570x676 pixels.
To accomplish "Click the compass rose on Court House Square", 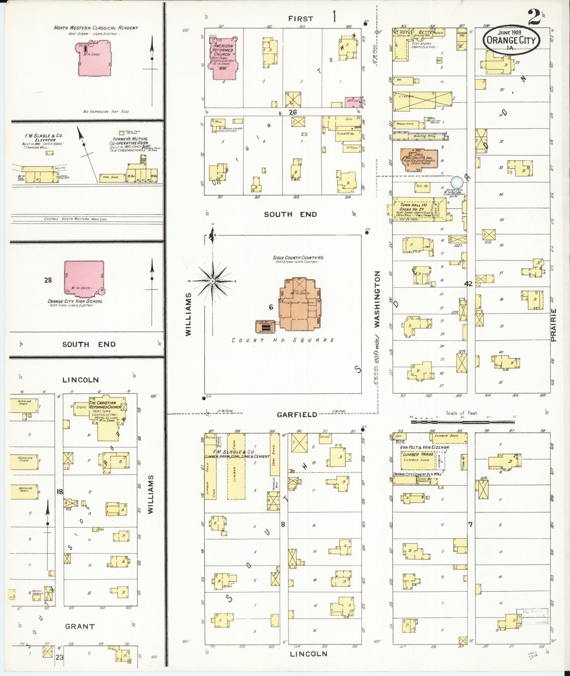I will point(213,281).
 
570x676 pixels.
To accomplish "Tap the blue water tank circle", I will point(457,182).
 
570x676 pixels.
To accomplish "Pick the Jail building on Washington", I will point(419,160).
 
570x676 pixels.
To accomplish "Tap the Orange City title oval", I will point(511,41).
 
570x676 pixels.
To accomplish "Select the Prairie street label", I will point(553,325).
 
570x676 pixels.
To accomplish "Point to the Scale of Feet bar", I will point(462,422).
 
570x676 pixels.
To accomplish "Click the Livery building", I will point(422,98).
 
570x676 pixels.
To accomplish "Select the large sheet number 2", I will point(534,18).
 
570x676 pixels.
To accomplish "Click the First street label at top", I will point(301,19).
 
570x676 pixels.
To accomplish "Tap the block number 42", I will point(468,284).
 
